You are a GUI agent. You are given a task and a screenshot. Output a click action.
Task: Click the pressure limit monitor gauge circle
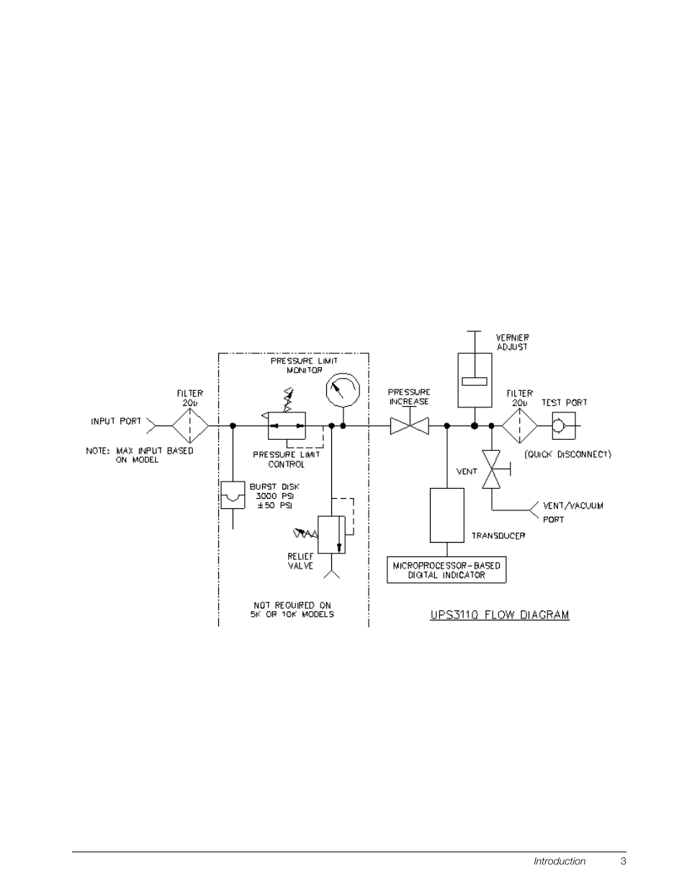click(x=342, y=390)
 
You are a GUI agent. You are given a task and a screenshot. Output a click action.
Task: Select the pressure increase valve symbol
click(x=409, y=426)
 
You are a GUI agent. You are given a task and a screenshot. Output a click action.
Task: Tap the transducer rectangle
click(x=446, y=515)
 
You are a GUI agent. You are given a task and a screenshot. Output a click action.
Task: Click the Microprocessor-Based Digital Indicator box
click(x=446, y=569)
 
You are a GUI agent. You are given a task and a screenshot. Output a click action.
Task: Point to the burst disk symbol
click(x=233, y=495)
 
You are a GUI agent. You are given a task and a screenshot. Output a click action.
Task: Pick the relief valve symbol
click(x=332, y=534)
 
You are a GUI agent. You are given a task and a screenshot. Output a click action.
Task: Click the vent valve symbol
click(x=493, y=469)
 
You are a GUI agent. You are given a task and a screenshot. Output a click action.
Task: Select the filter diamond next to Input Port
click(x=190, y=426)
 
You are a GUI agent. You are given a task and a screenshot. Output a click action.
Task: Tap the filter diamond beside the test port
click(x=519, y=426)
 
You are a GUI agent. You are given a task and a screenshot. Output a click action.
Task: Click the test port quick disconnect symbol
click(x=562, y=426)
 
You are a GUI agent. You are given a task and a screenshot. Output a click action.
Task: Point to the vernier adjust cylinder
click(x=475, y=380)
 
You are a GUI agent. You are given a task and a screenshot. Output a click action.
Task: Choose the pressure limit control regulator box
click(x=287, y=426)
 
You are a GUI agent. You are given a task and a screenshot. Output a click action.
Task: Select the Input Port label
click(x=116, y=421)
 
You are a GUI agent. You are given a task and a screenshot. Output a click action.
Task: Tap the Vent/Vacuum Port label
click(x=572, y=512)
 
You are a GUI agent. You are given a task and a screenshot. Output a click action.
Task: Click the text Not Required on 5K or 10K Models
click(x=292, y=610)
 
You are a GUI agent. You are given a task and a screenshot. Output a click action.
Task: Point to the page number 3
click(x=624, y=861)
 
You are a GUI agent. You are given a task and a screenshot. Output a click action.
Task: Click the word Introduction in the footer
click(x=560, y=861)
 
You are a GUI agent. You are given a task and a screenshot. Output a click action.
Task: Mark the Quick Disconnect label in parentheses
click(x=567, y=454)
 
